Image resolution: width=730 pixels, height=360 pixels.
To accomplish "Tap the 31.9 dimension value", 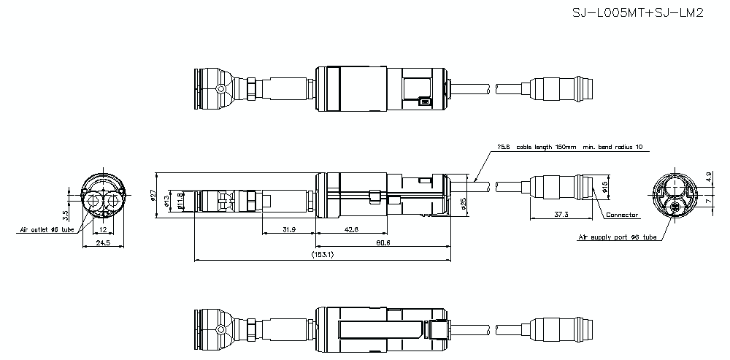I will coord(288,229).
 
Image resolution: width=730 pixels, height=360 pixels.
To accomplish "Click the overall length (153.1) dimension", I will coord(322,255).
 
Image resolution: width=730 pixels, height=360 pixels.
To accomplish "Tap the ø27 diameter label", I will coord(153,195).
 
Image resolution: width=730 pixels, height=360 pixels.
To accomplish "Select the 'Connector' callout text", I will coord(623,215).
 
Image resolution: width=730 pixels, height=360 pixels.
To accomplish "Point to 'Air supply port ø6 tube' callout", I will coord(617,237).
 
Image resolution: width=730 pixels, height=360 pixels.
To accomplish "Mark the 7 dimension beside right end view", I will coord(708,200).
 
